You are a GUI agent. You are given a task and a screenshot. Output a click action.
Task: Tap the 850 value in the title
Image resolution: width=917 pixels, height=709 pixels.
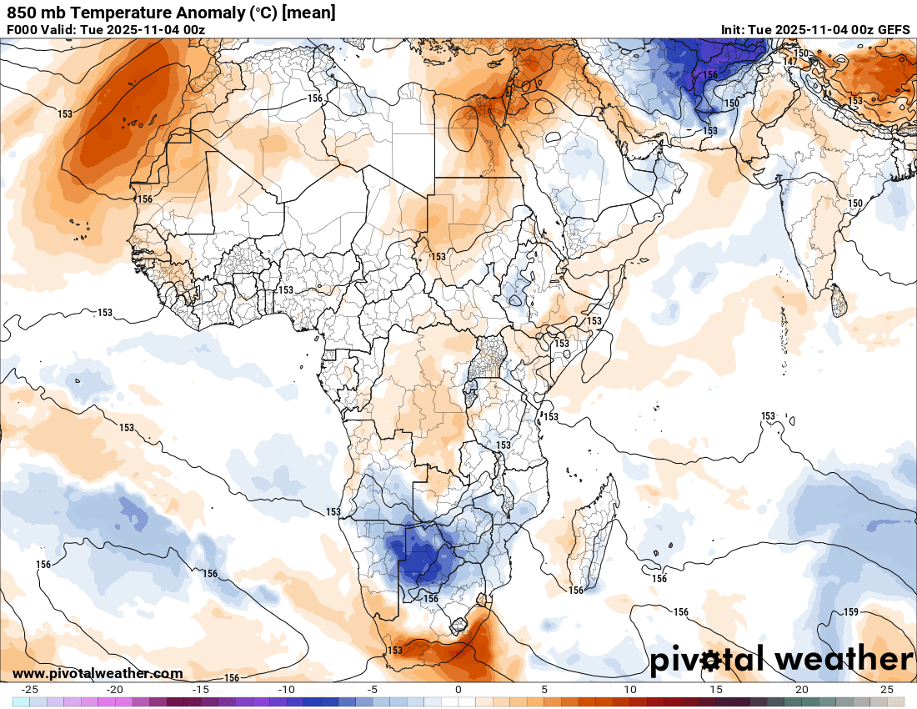(x=21, y=13)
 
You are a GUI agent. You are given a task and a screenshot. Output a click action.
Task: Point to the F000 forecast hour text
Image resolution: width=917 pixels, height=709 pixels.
(x=23, y=30)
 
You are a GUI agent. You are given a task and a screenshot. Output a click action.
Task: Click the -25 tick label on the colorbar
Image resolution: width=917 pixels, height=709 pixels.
(x=29, y=690)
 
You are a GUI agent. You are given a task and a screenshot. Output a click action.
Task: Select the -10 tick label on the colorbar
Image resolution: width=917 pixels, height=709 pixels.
(x=286, y=690)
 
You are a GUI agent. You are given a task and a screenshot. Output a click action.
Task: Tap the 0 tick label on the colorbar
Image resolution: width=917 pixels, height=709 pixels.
(x=458, y=690)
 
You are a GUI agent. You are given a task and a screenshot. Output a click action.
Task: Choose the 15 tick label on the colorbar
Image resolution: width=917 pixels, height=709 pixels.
(x=715, y=690)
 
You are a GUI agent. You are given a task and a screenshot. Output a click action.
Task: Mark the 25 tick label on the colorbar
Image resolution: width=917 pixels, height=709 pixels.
(x=887, y=690)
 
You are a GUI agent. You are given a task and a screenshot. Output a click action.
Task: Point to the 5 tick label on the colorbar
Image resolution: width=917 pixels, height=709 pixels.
(x=544, y=690)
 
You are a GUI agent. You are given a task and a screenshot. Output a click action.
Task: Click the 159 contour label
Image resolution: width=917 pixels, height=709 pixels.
(x=851, y=612)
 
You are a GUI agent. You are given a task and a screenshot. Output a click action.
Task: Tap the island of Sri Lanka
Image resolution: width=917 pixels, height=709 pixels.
(x=839, y=302)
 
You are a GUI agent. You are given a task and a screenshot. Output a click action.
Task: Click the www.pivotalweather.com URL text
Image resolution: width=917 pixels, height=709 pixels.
(x=98, y=673)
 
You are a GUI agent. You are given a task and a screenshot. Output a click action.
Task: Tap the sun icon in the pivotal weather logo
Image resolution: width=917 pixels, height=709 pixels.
(x=711, y=661)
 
